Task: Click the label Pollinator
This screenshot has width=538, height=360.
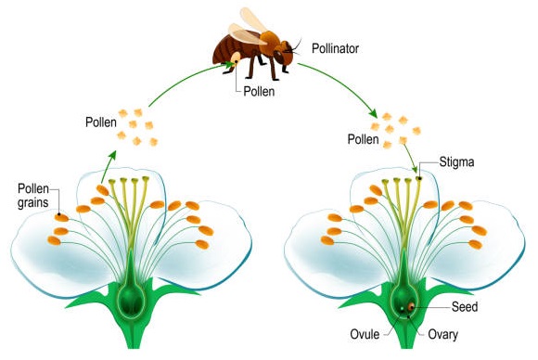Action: coord(335,49)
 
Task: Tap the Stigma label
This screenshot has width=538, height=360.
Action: coord(456,162)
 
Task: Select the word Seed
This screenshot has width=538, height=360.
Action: coord(465,307)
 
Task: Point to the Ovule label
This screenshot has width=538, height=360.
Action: coord(365,334)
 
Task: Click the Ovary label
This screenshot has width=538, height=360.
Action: coord(443,335)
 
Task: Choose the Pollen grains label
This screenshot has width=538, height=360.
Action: coord(33,196)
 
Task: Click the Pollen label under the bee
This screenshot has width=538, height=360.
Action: coord(259,92)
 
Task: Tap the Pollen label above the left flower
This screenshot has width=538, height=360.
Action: coord(101,122)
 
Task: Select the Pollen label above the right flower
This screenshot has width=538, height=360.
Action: coord(363,139)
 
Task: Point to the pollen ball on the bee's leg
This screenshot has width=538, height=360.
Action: coord(236,58)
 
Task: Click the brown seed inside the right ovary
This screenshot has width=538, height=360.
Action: coord(411,307)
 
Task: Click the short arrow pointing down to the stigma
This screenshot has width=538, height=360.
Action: coord(411,159)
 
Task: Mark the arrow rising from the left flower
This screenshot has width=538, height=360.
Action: coord(109,167)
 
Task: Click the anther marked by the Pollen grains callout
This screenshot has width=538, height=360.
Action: coord(61,217)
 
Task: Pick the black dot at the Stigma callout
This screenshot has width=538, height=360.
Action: coord(419,178)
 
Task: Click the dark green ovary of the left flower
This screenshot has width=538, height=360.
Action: coord(131,300)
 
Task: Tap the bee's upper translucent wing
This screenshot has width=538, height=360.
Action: coord(253,19)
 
